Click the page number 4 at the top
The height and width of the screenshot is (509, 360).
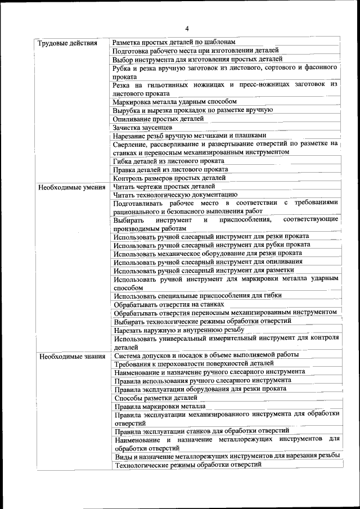[186, 29]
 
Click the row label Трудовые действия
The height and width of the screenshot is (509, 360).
[67, 43]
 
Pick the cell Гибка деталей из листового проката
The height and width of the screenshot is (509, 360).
[168, 161]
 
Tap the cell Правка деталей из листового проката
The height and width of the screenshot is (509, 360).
[170, 170]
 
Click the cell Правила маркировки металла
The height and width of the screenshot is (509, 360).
[160, 406]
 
